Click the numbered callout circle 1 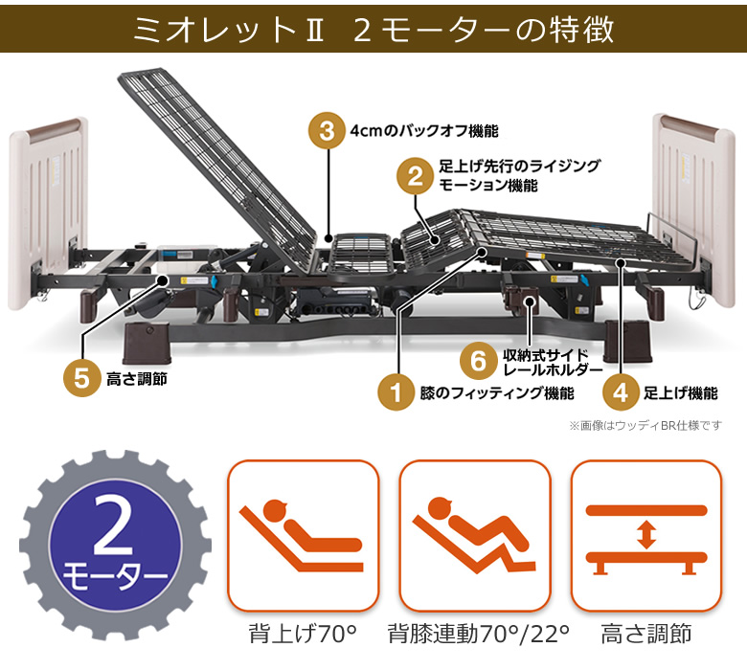pyautogui.click(x=393, y=391)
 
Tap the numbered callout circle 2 pyautogui.click(x=415, y=175)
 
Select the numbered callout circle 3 pyautogui.click(x=328, y=131)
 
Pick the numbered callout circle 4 pyautogui.click(x=621, y=391)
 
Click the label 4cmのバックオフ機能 pyautogui.click(x=424, y=131)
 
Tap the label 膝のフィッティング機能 pyautogui.click(x=496, y=392)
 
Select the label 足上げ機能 pyautogui.click(x=680, y=392)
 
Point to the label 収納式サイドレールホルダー pyautogui.click(x=553, y=361)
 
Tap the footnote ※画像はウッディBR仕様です pyautogui.click(x=645, y=425)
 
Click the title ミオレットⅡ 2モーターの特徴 pyautogui.click(x=373, y=30)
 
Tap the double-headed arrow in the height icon pyautogui.click(x=645, y=533)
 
